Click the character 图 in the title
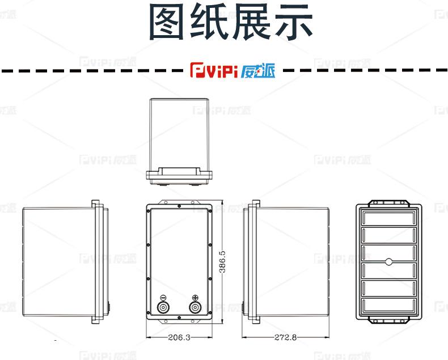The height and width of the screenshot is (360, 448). point(168,23)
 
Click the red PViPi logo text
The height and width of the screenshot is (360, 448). point(213,72)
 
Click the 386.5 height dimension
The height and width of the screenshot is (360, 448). point(222,262)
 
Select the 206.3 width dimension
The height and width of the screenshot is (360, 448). point(179,337)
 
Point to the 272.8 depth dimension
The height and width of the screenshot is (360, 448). point(285,337)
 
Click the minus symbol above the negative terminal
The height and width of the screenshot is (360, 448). point(163,298)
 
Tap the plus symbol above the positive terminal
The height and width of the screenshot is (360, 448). point(195,298)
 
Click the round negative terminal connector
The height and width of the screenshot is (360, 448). point(163,308)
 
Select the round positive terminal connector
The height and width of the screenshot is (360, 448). point(195,308)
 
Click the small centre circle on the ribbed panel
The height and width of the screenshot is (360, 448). point(388,261)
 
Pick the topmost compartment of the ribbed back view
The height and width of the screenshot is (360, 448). point(388,218)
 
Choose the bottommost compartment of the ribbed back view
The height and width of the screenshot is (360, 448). point(388,306)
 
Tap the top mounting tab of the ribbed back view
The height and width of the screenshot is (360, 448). point(388,202)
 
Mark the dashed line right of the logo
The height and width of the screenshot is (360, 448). point(363,71)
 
